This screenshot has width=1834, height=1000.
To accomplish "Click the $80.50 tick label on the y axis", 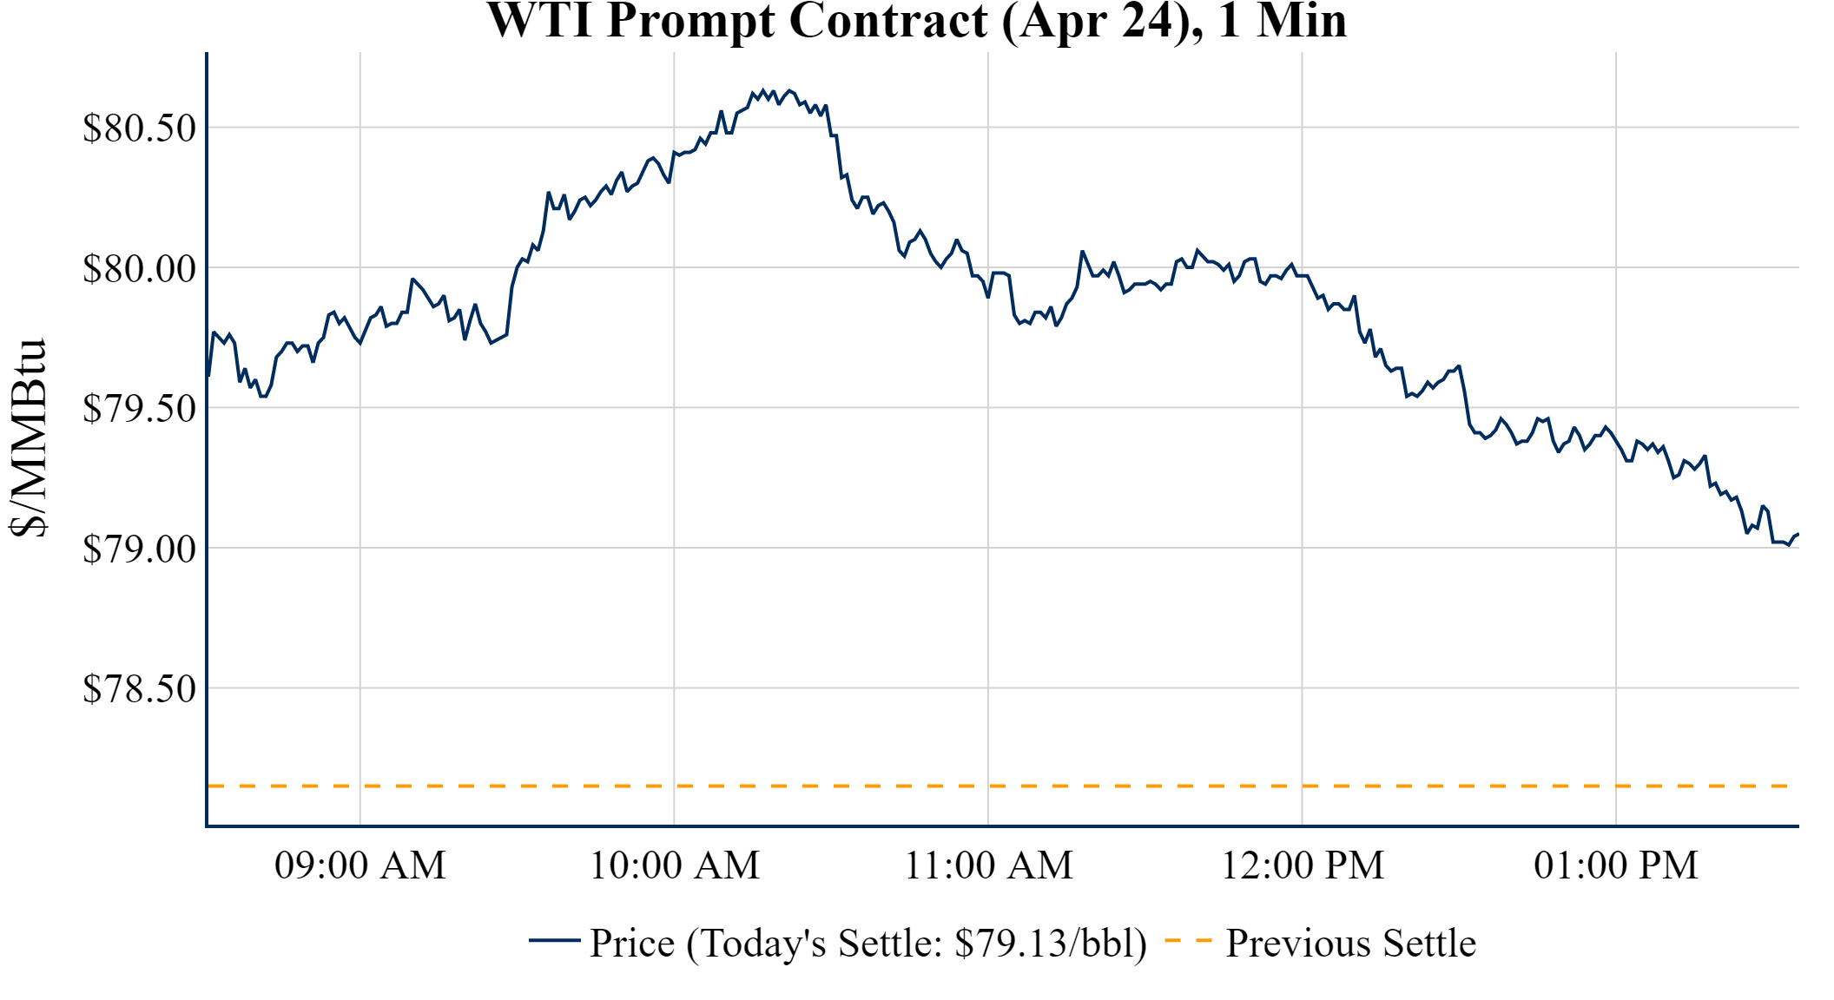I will click(x=140, y=128).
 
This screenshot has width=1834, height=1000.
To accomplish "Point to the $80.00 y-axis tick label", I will click(x=140, y=269).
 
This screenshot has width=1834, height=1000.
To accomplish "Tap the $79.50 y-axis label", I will click(x=140, y=409).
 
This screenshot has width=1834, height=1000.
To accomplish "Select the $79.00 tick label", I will click(x=140, y=549).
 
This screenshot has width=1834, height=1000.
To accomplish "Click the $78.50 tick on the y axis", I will click(x=140, y=689).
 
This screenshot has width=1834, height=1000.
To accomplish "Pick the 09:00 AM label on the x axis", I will click(x=360, y=865).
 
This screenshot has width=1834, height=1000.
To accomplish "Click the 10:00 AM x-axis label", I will click(x=675, y=865).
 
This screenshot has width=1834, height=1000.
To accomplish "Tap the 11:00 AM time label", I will click(x=989, y=865).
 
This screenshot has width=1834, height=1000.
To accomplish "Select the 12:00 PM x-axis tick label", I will click(x=1303, y=865).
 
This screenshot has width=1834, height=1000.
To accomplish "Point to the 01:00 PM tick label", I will click(x=1616, y=865).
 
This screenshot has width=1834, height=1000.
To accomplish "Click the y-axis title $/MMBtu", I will click(x=29, y=438).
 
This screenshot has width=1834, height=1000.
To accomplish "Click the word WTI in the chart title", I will click(x=540, y=21).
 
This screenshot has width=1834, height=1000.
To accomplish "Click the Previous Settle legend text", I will click(x=1350, y=944).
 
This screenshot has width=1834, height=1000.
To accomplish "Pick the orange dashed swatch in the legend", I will click(x=1188, y=941).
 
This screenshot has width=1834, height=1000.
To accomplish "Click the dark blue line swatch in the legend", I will click(x=554, y=941).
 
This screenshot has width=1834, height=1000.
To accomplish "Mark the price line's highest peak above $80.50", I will click(x=763, y=89).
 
